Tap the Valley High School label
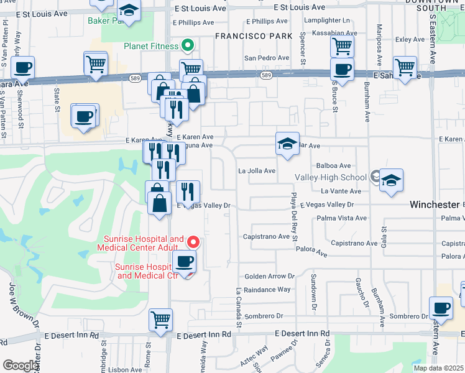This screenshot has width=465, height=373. [x=336, y=177]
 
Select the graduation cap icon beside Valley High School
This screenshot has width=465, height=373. [x=392, y=181]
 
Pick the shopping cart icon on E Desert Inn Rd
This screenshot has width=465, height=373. [x=160, y=320]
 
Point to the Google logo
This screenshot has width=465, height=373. [x=21, y=366]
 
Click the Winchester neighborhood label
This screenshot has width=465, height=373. [x=434, y=205]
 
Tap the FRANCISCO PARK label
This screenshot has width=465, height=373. [x=254, y=36]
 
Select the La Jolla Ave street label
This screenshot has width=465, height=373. [x=257, y=171]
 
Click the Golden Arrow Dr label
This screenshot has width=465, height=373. [x=269, y=276]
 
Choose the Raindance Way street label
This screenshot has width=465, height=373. [x=267, y=290]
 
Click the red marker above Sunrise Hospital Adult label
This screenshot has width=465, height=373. [x=193, y=242]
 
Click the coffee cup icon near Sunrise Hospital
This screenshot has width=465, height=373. [x=184, y=262]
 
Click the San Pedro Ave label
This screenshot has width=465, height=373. [x=266, y=58]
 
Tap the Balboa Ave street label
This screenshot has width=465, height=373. [x=334, y=166]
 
